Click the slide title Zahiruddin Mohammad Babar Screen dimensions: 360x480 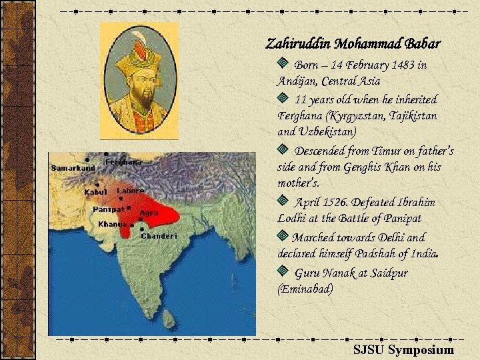pos(353,45)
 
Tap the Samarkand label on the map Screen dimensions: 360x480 pos(73,168)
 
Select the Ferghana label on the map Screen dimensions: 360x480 pos(123,162)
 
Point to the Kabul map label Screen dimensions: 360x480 pos(95,192)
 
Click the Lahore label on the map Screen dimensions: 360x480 pos(131,191)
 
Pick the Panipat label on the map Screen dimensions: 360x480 pos(108,209)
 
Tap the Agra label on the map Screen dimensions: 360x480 pos(149,213)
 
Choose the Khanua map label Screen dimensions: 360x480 pos(112,224)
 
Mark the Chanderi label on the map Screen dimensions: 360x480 pos(159,236)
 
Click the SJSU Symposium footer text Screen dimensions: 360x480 pos(403,350)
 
